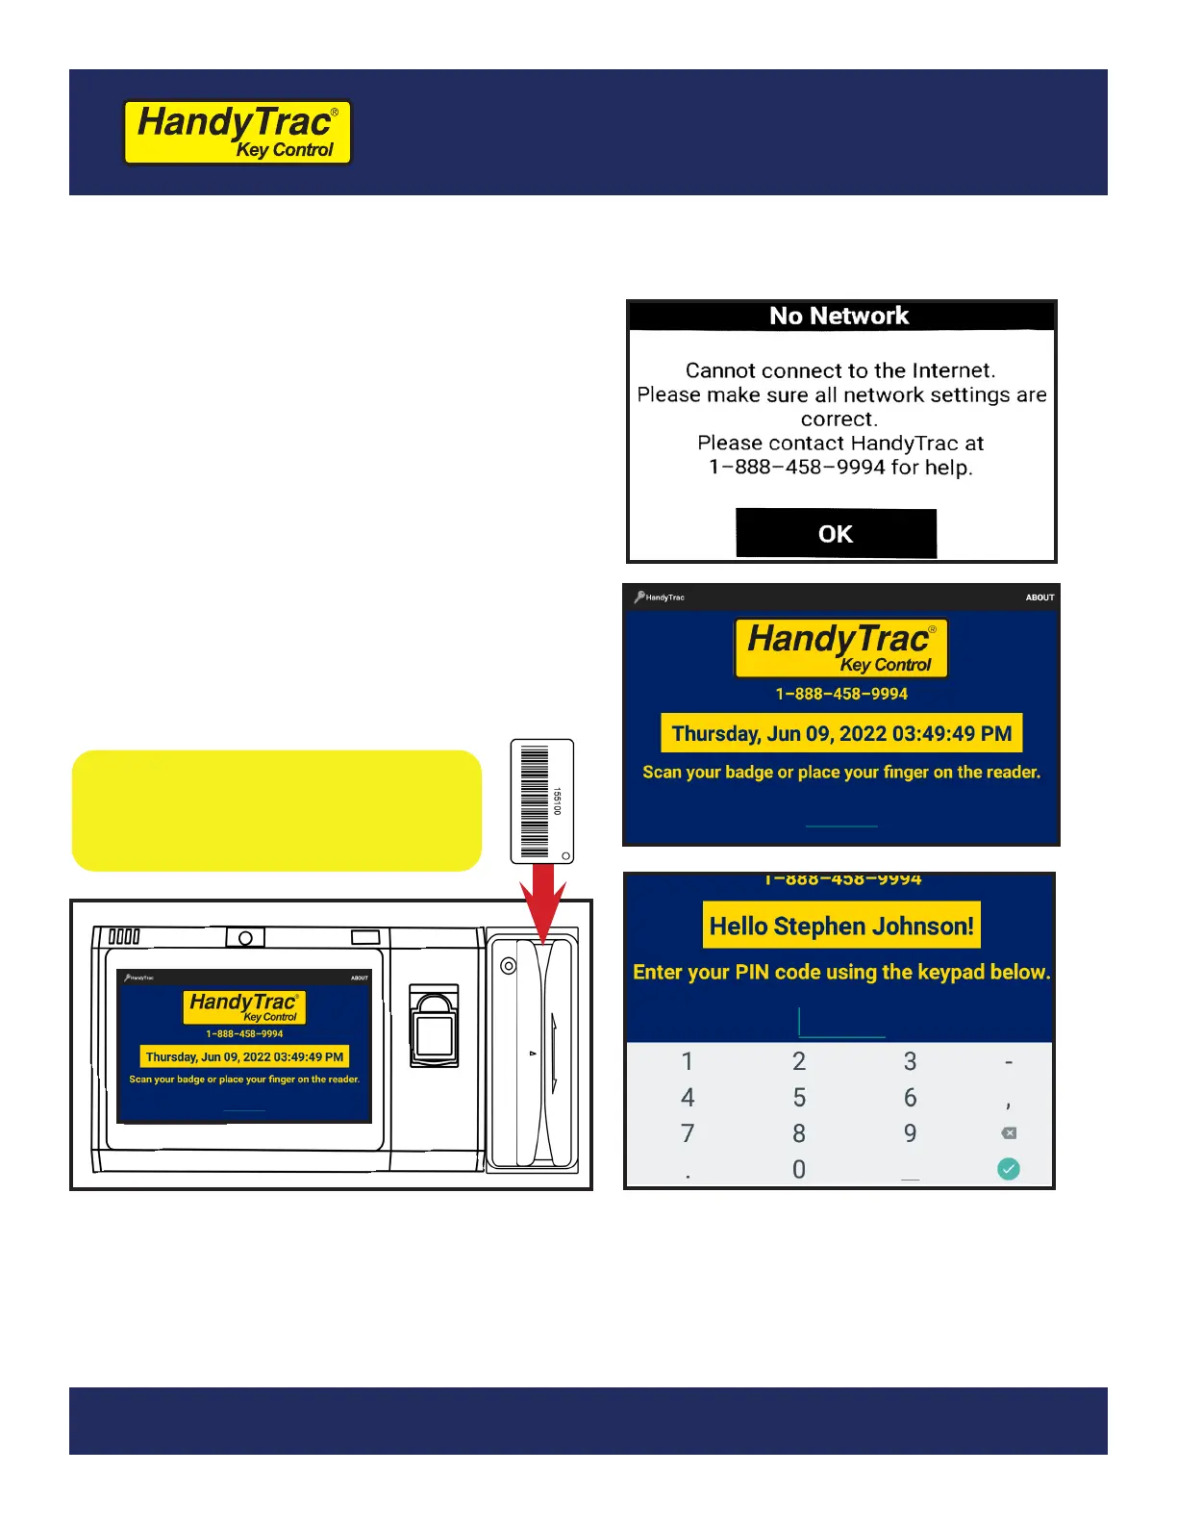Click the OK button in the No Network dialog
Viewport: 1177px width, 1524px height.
836,533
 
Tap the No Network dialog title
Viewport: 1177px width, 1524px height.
839,316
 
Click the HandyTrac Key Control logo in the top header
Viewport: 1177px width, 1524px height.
238,133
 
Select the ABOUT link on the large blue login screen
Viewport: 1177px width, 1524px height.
1039,597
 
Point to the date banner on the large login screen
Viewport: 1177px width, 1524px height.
841,733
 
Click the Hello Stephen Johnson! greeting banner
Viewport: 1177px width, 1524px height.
841,926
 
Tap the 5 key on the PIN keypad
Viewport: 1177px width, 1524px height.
799,1097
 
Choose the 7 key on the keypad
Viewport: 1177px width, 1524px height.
688,1133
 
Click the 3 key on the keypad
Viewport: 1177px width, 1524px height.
910,1061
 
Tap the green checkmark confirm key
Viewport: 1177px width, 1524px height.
1008,1169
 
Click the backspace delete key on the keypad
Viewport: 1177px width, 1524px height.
1008,1133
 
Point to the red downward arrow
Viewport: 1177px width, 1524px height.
542,900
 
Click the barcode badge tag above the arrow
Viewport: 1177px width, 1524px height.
542,800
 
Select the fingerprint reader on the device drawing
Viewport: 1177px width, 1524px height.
435,1026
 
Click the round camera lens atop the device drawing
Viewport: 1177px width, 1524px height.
245,938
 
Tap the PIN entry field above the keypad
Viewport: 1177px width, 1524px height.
841,1024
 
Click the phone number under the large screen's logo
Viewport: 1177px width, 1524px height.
841,694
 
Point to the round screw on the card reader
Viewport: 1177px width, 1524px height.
509,965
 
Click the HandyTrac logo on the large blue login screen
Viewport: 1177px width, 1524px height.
841,648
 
